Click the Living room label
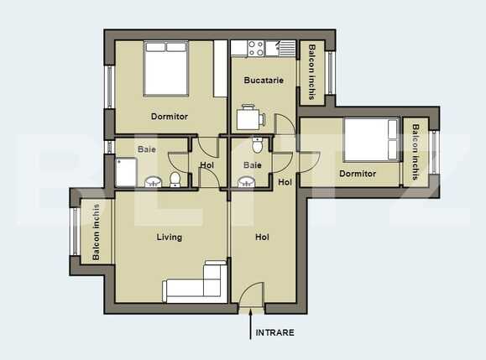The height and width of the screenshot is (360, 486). (169, 237)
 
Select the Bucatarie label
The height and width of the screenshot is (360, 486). (263, 81)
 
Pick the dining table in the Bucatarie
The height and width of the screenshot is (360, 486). (249, 118)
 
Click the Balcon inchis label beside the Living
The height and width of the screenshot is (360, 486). (97, 232)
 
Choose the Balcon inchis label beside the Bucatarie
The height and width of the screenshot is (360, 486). (312, 72)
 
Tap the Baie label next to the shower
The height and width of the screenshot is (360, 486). (147, 149)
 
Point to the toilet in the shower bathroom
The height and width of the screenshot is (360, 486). (175, 179)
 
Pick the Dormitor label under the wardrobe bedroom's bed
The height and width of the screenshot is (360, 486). (169, 117)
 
